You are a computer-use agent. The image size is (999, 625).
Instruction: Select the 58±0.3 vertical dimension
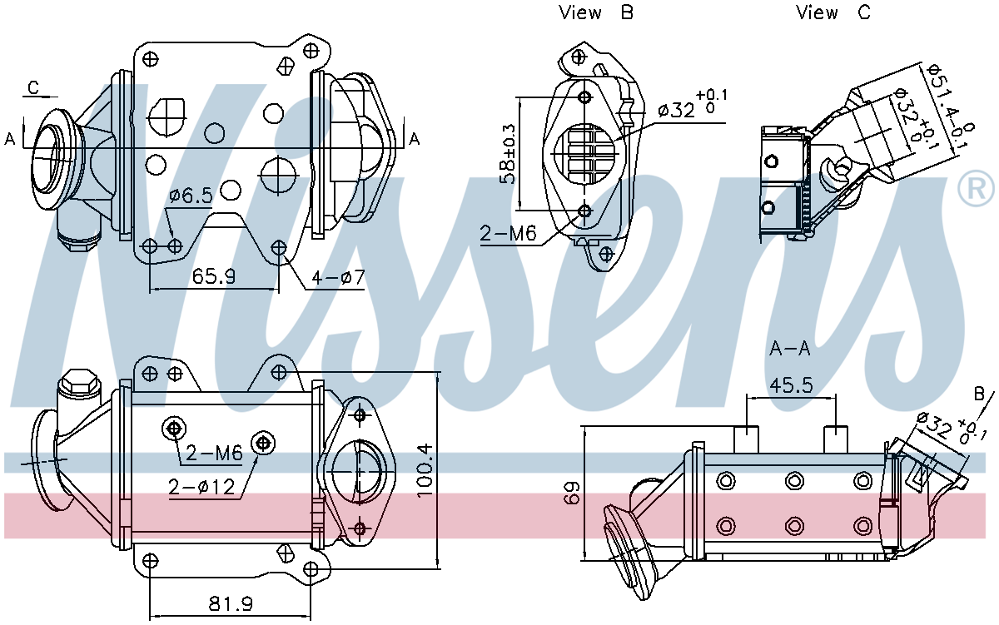pyautogui.click(x=506, y=154)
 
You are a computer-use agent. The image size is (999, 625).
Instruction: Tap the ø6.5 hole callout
pyautogui.click(x=190, y=196)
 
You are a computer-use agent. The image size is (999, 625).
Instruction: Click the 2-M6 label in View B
pyautogui.click(x=509, y=234)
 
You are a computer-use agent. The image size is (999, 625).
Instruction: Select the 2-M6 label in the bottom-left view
pyautogui.click(x=213, y=454)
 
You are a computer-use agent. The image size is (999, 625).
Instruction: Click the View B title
pyautogui.click(x=597, y=12)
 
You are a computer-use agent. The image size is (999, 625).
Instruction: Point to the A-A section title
pyautogui.click(x=789, y=349)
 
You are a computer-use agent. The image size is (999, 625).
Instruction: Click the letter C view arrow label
pyautogui.click(x=33, y=87)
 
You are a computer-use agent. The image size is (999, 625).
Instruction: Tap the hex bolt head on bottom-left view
pyautogui.click(x=77, y=382)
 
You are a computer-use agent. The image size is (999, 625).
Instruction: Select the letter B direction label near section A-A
pyautogui.click(x=978, y=393)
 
